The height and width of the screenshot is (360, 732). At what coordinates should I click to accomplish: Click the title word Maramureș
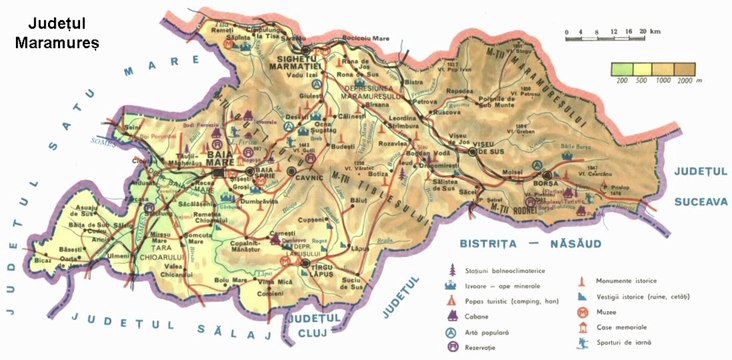(x=52, y=43)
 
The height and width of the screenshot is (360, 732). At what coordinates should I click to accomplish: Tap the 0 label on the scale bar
(x=567, y=32)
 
